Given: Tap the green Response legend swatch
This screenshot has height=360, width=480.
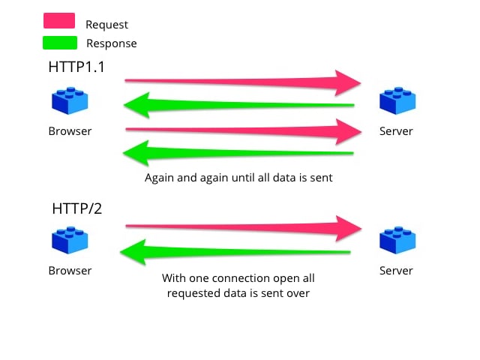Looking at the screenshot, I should tap(59, 43).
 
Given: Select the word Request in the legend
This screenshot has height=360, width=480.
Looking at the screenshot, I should tap(107, 25).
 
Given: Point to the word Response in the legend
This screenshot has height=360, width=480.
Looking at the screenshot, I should tap(112, 43).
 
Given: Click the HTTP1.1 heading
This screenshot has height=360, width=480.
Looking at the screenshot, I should tap(76, 67).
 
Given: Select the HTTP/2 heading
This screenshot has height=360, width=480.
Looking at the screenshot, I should tap(76, 208).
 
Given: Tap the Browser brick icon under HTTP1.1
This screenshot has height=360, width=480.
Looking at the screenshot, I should tap(70, 101).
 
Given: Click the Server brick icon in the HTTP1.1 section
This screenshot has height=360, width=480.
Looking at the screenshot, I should tap(397, 101).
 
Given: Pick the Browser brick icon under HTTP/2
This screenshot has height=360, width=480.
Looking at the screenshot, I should tap(70, 241).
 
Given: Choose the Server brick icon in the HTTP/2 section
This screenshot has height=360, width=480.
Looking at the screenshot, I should tap(397, 241).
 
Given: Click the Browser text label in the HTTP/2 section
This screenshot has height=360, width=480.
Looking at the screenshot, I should tap(70, 271).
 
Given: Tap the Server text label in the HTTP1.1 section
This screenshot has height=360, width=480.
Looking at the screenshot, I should tap(397, 131).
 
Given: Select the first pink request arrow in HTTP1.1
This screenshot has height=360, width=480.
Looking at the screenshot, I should tap(240, 81).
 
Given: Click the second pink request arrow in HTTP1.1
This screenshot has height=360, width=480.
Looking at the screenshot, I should tap(240, 131).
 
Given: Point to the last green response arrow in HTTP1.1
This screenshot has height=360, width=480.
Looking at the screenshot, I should tap(240, 154).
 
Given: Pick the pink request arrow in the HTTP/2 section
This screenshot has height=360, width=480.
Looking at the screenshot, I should tap(240, 226).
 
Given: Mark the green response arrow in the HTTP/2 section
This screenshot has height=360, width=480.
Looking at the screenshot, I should tap(240, 253).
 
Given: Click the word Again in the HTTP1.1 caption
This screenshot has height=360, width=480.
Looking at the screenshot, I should tap(160, 179).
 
